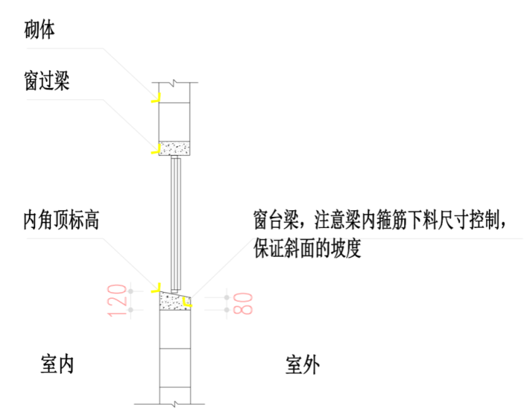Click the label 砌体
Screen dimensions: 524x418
39,30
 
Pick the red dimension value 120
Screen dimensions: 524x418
118,300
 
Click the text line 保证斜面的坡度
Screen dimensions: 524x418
307,248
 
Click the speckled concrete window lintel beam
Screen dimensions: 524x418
175,148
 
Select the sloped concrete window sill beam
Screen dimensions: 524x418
175,302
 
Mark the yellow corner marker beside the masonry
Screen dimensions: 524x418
156,98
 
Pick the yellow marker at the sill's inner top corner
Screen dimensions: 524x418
157,285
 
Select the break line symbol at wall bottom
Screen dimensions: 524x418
177,402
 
